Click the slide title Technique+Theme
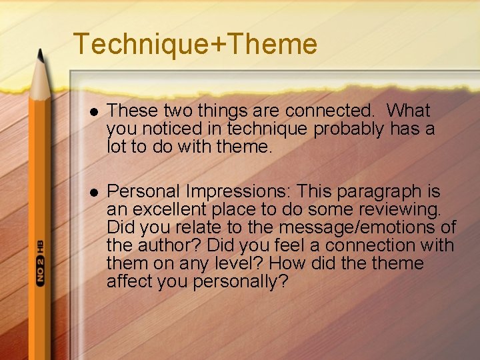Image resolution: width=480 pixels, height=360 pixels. pyautogui.click(x=195, y=44)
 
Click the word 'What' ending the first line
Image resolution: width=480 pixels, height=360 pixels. pyautogui.click(x=409, y=110)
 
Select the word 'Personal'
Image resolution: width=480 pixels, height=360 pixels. pyautogui.click(x=143, y=192)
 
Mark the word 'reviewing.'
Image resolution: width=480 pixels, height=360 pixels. pyautogui.click(x=399, y=210)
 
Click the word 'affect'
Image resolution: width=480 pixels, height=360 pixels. pyautogui.click(x=130, y=282)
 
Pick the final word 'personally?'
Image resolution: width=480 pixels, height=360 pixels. pyautogui.click(x=241, y=282)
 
